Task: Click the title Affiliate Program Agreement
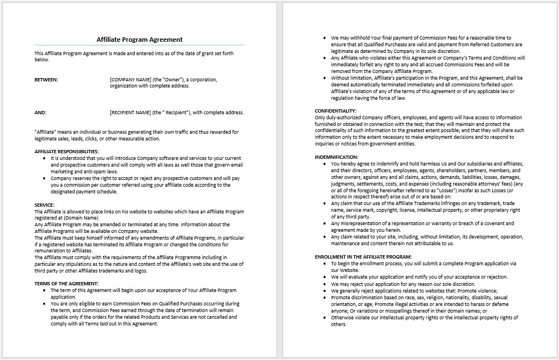(139, 40)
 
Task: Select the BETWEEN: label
(46, 80)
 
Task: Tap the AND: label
(40, 112)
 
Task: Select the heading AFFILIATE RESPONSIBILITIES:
(66, 151)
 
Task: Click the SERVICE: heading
(45, 205)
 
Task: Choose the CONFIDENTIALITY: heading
(336, 110)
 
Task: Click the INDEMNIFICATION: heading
(337, 157)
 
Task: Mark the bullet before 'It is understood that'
(44, 158)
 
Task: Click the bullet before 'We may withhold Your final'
(324, 38)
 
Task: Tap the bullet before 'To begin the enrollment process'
(324, 263)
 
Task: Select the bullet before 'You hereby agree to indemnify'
(324, 164)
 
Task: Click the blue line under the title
(139, 45)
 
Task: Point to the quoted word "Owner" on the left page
(179, 80)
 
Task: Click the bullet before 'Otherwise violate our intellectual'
(324, 318)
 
